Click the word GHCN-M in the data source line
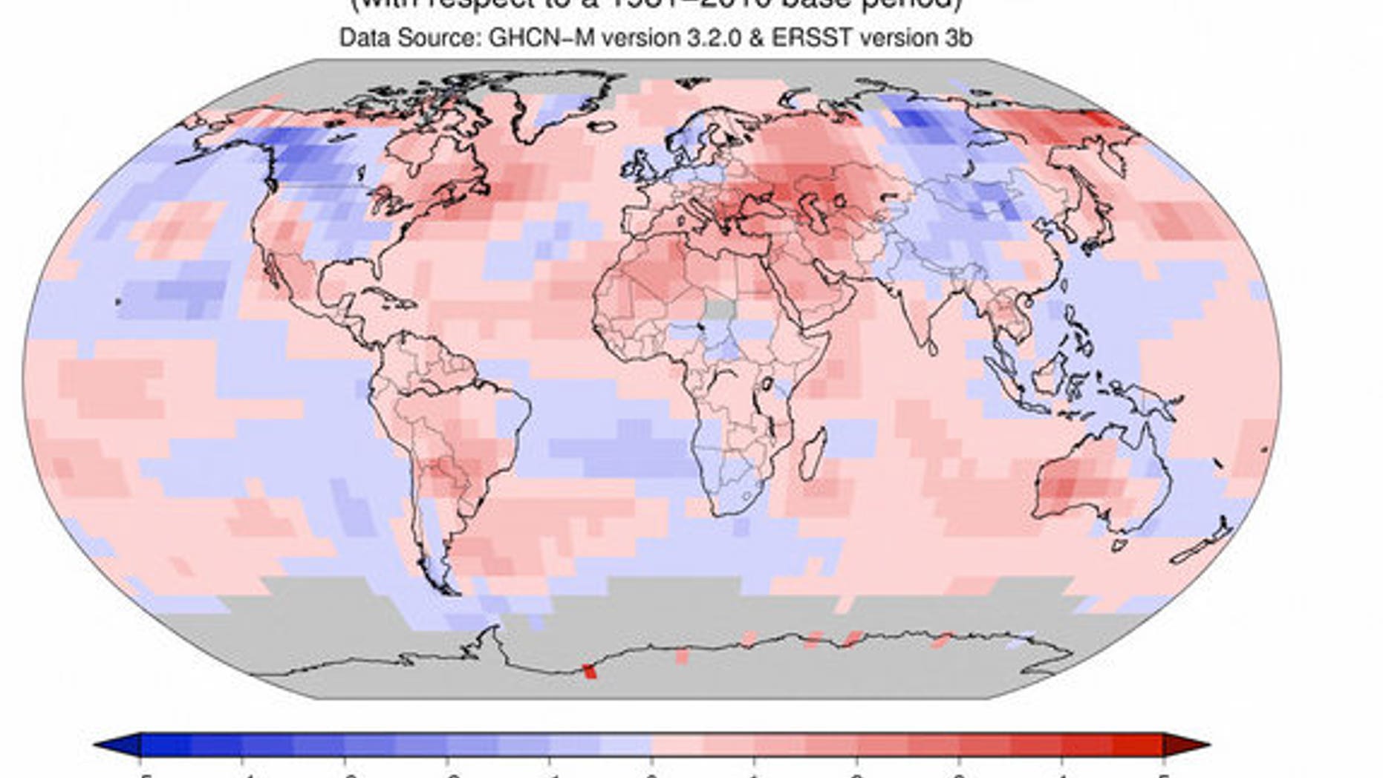click(x=541, y=38)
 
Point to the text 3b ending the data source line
click(x=957, y=38)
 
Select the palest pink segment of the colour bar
click(x=677, y=745)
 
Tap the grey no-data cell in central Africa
click(x=717, y=309)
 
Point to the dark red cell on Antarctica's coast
click(x=590, y=671)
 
